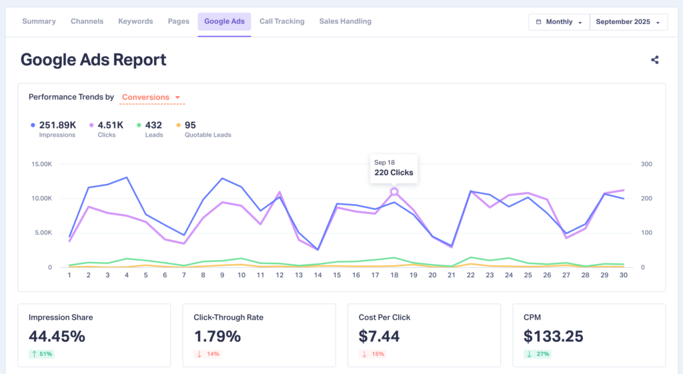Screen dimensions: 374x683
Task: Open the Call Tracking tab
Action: click(x=281, y=21)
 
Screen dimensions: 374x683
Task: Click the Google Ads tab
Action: click(x=224, y=21)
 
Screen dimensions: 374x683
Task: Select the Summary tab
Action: click(x=39, y=21)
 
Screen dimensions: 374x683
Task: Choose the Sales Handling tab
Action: click(x=345, y=21)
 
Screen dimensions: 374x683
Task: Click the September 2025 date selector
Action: click(x=628, y=22)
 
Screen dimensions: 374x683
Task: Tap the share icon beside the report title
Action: click(x=654, y=60)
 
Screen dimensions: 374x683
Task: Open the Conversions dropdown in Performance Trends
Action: click(x=151, y=97)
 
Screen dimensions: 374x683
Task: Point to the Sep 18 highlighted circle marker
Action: click(x=394, y=191)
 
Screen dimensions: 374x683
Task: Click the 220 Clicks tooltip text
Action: click(x=394, y=173)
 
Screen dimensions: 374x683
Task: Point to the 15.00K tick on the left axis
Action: click(x=41, y=164)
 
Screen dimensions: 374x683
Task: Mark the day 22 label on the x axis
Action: click(x=471, y=275)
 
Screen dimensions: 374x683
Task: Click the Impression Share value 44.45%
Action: click(x=57, y=337)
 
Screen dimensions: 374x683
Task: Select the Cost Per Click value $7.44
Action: click(x=379, y=337)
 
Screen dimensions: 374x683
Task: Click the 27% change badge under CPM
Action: click(x=538, y=354)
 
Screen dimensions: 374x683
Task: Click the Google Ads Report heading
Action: click(x=93, y=59)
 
